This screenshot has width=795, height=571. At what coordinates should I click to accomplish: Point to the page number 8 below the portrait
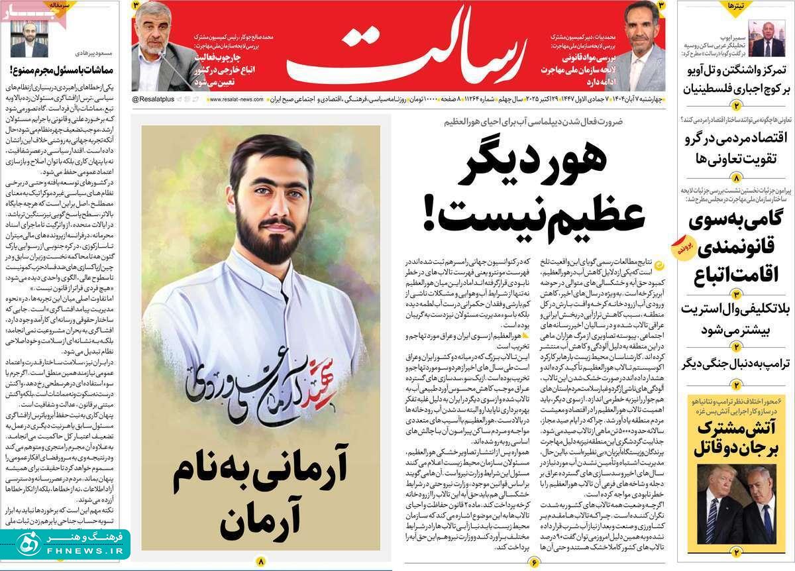261,561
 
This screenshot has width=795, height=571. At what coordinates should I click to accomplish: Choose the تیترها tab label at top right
737,6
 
